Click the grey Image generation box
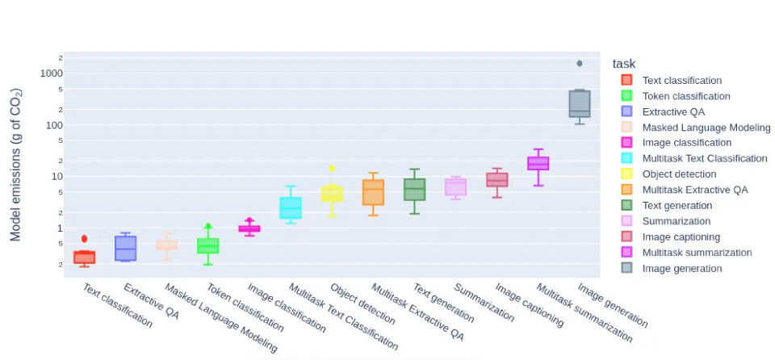(x=580, y=104)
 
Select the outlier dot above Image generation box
(x=580, y=63)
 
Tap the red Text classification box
(x=84, y=257)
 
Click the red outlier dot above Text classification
(x=84, y=239)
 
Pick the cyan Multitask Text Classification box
(x=291, y=207)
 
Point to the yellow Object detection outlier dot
(x=332, y=169)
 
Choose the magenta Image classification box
(x=249, y=228)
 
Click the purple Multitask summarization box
(x=538, y=163)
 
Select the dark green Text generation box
(x=414, y=190)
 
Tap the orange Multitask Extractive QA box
(x=373, y=192)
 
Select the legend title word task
(x=626, y=64)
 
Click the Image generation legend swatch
(x=626, y=268)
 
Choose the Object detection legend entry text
(x=679, y=174)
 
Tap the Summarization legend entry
(x=676, y=221)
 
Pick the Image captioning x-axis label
(x=529, y=304)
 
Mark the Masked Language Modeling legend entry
(x=706, y=127)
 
